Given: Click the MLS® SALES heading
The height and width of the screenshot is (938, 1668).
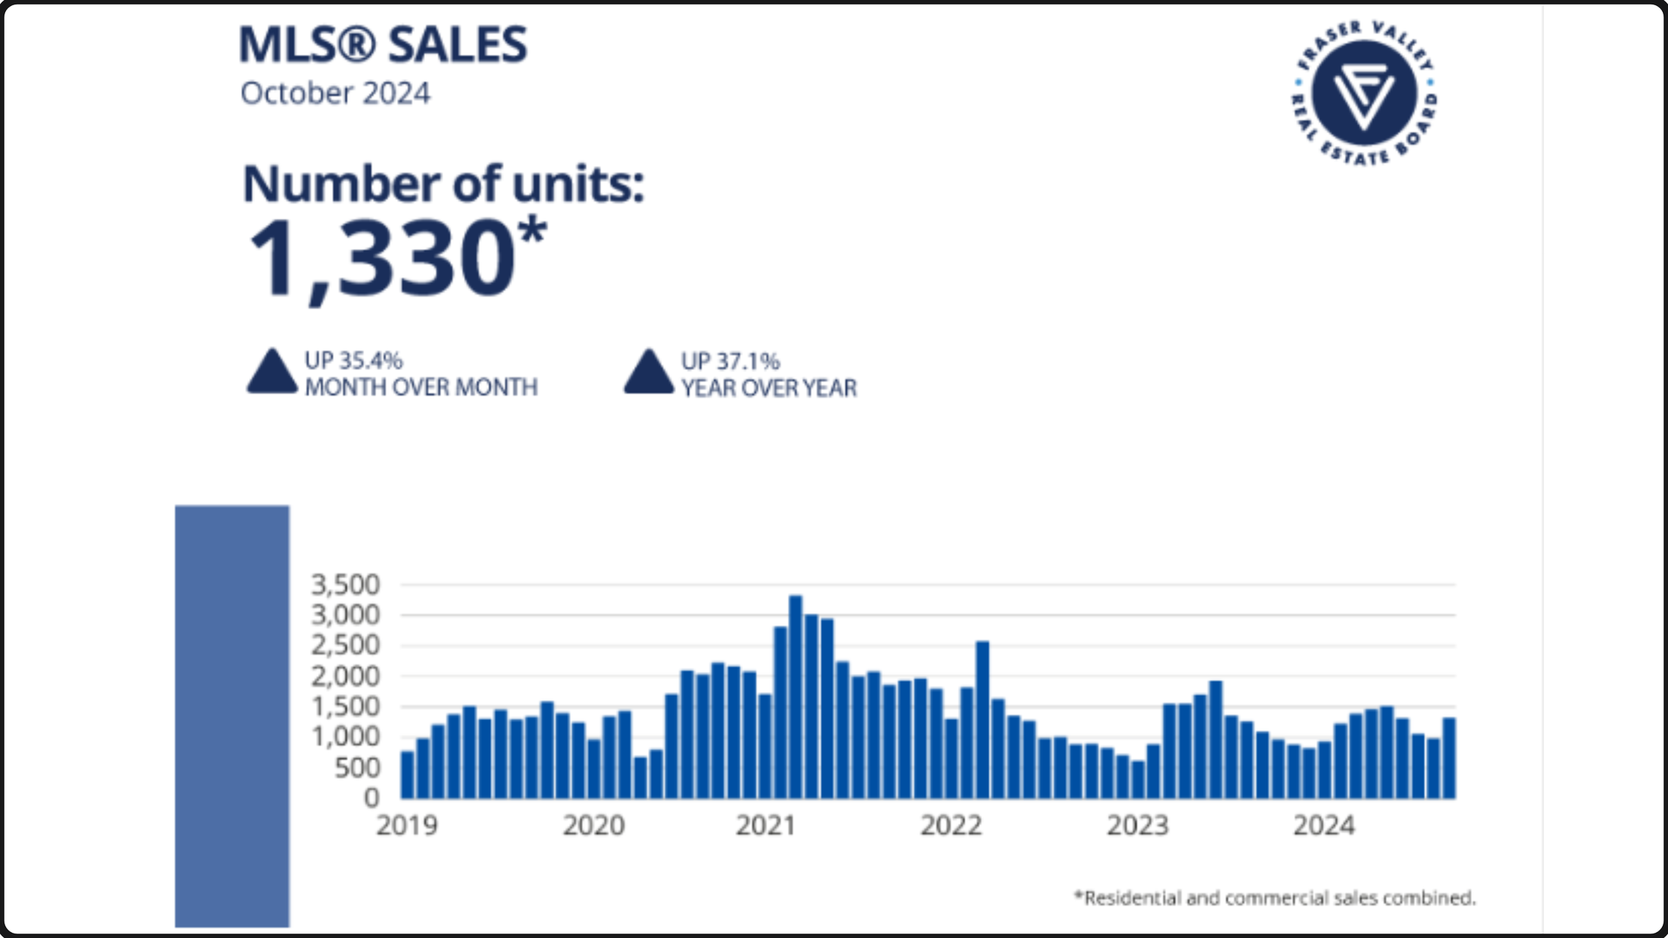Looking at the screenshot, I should pyautogui.click(x=383, y=45).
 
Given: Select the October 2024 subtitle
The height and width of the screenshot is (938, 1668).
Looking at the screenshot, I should pyautogui.click(x=335, y=93).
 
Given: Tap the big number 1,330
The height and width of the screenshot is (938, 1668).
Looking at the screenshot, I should pyautogui.click(x=383, y=258).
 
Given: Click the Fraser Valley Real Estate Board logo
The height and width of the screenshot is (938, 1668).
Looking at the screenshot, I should pyautogui.click(x=1364, y=94).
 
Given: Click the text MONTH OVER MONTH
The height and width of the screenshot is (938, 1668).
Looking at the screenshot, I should pyautogui.click(x=420, y=387).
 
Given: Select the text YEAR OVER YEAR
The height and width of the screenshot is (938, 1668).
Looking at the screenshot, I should pyautogui.click(x=769, y=388).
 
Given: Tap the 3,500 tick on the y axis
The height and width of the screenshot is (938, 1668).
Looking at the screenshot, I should pyautogui.click(x=346, y=585).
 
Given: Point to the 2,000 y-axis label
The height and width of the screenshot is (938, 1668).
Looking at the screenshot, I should pyautogui.click(x=346, y=676).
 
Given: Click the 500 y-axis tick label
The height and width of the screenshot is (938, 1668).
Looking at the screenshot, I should pyautogui.click(x=357, y=768).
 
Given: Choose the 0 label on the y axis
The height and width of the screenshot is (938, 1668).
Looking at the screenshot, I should pyautogui.click(x=372, y=797).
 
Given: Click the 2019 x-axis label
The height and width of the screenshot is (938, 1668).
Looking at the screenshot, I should pyautogui.click(x=407, y=825).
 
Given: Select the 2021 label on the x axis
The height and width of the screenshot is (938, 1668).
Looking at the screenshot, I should pyautogui.click(x=765, y=825).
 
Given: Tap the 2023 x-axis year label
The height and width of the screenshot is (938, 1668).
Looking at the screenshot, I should pyautogui.click(x=1137, y=825).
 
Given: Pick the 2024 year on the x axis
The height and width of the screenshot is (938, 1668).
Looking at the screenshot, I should pyautogui.click(x=1323, y=825).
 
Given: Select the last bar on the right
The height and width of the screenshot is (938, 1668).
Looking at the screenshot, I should pyautogui.click(x=1449, y=757).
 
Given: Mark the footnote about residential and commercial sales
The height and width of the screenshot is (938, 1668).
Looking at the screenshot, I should pyautogui.click(x=1274, y=898).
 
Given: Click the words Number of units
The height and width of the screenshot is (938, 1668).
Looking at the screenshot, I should pyautogui.click(x=443, y=184).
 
